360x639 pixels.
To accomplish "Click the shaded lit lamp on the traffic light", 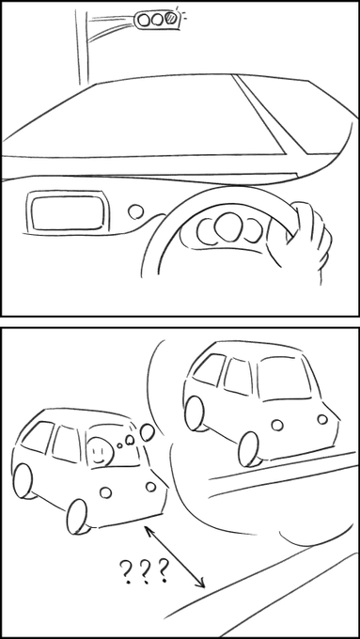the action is (x=171, y=18).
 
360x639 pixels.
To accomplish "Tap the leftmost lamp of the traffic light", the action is (x=143, y=20).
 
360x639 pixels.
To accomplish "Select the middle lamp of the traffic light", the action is (x=157, y=19).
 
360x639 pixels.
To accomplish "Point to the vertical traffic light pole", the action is (x=82, y=46).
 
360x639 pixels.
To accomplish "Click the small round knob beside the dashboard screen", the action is (x=135, y=211).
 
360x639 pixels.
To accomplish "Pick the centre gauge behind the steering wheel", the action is (x=227, y=226).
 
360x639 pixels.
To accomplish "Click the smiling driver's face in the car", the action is (x=100, y=452).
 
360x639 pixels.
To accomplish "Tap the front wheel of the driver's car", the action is (x=77, y=517).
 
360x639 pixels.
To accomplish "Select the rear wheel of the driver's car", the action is (x=23, y=481).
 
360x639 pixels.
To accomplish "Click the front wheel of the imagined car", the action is (x=249, y=449).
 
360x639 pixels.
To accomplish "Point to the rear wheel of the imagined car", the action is (x=195, y=413).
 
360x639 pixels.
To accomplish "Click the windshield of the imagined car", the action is (x=284, y=379).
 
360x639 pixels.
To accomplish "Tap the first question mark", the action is (x=127, y=572).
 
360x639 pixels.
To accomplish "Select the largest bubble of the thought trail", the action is (x=148, y=433).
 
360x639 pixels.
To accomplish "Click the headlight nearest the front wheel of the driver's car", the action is (x=105, y=492).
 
